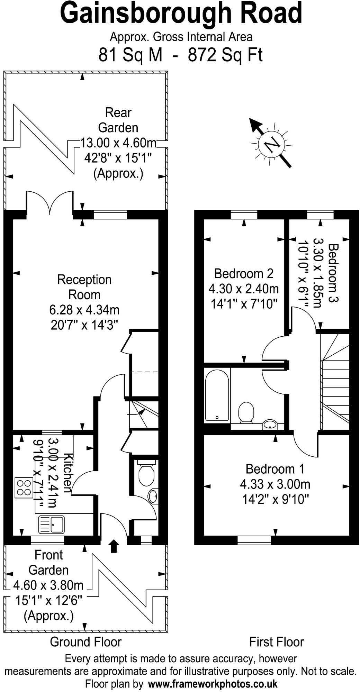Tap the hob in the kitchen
[x=24, y=488]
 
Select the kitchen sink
[x=52, y=524]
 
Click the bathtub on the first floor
[x=217, y=395]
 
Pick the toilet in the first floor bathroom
[x=246, y=412]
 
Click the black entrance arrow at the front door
[x=114, y=546]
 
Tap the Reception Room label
[x=84, y=287]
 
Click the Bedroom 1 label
[x=275, y=469]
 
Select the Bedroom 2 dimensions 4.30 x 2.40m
[x=244, y=289]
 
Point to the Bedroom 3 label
[x=333, y=273]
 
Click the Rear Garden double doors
[x=50, y=202]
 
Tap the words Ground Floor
[x=86, y=632]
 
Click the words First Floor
[x=277, y=632]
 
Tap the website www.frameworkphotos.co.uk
[x=213, y=684]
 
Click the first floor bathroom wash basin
[x=270, y=425]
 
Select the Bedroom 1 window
[x=254, y=539]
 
